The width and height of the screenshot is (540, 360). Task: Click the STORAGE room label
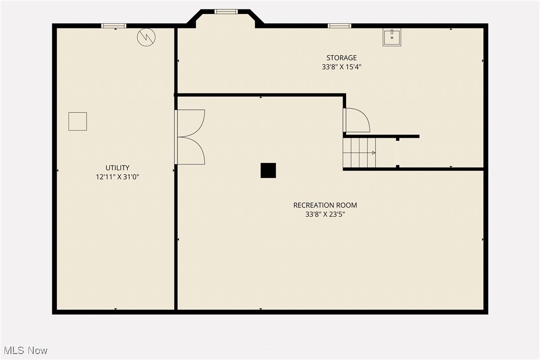click(341, 58)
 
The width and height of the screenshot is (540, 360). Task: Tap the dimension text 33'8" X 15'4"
click(341, 67)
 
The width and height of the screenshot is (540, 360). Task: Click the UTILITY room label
click(117, 168)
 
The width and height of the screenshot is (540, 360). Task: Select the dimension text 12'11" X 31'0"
click(117, 177)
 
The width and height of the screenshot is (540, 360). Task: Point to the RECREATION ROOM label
click(325, 205)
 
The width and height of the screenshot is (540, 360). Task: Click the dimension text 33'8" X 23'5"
click(325, 214)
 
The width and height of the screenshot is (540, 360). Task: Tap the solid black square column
click(268, 171)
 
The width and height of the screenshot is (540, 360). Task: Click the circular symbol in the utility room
click(146, 37)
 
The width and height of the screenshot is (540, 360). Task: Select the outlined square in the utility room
click(78, 121)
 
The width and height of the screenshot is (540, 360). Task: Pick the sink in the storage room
click(392, 37)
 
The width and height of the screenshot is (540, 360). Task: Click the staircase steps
click(359, 153)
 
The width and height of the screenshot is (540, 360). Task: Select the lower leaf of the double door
click(190, 151)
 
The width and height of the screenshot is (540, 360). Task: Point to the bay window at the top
click(226, 11)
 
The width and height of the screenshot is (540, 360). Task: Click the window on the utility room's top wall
click(114, 26)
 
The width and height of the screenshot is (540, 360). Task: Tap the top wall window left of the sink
click(340, 26)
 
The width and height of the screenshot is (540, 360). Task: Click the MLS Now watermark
click(24, 351)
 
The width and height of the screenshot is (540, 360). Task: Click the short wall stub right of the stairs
click(397, 153)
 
